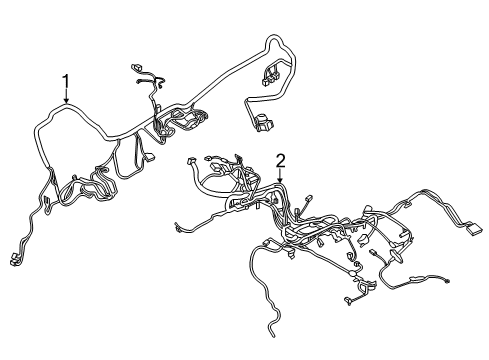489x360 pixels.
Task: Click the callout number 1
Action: point(66,80)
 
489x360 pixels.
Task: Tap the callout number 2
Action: point(281,159)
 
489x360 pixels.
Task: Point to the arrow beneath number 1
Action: point(66,100)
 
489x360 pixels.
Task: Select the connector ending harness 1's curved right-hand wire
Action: point(263,125)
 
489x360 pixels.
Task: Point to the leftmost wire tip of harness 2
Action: point(176,229)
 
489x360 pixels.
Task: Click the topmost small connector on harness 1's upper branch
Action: point(138,69)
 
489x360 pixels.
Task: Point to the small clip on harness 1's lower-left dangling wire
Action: point(43,208)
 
